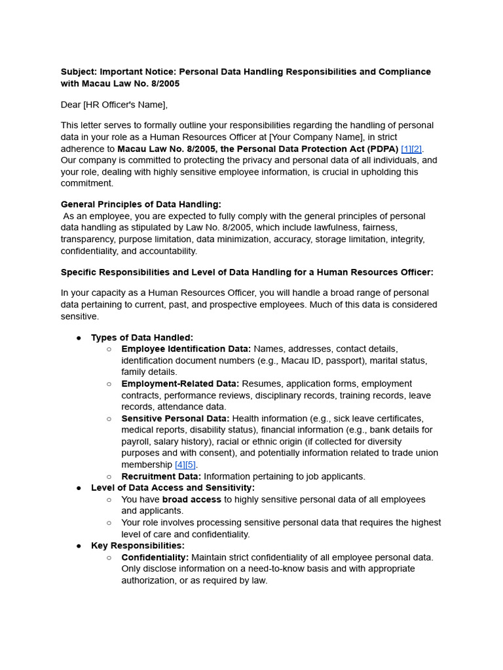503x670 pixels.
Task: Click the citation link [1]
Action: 406,149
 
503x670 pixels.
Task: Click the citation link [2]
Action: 417,149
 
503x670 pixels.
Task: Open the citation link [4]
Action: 180,465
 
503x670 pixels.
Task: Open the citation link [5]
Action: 191,465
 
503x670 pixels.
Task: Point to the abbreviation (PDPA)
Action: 377,149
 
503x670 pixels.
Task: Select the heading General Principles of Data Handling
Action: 141,204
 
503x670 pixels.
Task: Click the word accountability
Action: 168,251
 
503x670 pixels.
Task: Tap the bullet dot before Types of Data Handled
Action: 79,338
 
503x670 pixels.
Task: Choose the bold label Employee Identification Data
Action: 186,349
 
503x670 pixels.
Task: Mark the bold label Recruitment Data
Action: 161,476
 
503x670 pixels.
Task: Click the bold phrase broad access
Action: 192,499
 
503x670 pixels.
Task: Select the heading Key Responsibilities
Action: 138,546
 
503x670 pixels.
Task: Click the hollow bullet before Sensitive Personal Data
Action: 109,419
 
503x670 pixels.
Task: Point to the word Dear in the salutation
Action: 71,105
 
